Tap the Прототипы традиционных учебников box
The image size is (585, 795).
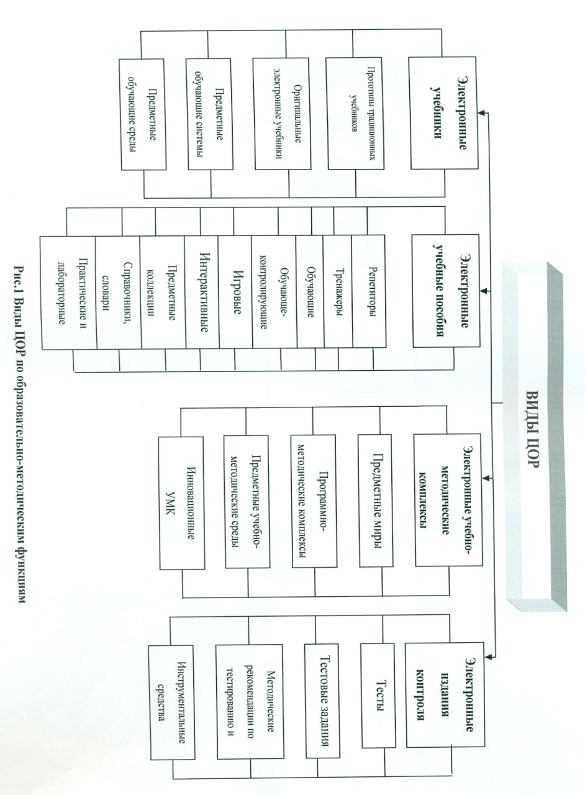(x=355, y=113)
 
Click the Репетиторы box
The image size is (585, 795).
(x=369, y=291)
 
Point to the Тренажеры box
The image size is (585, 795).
(x=338, y=291)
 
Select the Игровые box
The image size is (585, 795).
(x=235, y=292)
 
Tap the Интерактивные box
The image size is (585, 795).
(x=202, y=292)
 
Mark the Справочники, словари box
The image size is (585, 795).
(x=118, y=293)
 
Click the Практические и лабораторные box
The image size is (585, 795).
(x=69, y=293)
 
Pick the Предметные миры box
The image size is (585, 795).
(x=376, y=501)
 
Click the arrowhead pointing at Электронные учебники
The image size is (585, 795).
(x=482, y=113)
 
